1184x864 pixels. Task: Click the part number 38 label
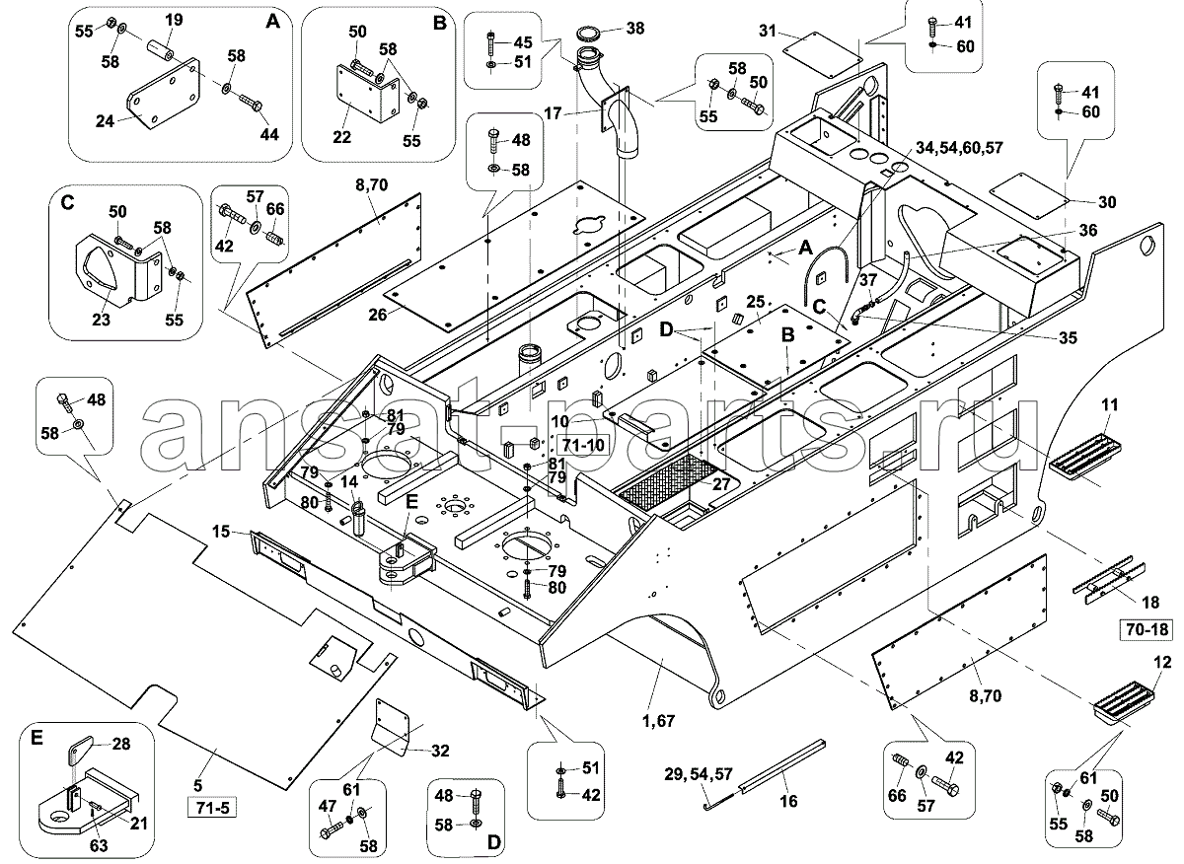click(635, 28)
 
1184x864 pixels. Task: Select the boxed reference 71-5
click(212, 809)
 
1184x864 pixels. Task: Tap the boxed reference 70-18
click(1146, 630)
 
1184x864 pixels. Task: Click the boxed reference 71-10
click(582, 445)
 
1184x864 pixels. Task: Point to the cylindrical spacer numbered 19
click(161, 51)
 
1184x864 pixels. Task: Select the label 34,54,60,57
click(959, 147)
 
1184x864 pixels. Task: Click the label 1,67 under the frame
click(659, 720)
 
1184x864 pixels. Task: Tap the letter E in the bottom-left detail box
click(36, 737)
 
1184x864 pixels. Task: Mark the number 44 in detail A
click(268, 134)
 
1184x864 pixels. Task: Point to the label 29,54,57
click(699, 774)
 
